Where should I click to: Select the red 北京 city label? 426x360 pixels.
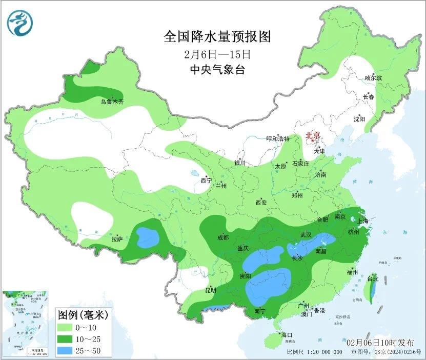pyautogui.click(x=313, y=135)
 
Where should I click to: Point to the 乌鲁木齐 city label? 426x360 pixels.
pyautogui.click(x=112, y=102)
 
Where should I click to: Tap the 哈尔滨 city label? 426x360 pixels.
pyautogui.click(x=373, y=78)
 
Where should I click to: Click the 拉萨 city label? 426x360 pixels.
pyautogui.click(x=117, y=238)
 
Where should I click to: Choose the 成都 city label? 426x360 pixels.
pyautogui.click(x=223, y=237)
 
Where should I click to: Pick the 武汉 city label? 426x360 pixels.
pyautogui.click(x=306, y=235)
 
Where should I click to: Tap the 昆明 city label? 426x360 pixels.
pyautogui.click(x=211, y=290)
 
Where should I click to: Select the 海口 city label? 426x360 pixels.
pyautogui.click(x=287, y=335)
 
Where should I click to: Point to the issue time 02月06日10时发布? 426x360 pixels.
pyautogui.click(x=380, y=342)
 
